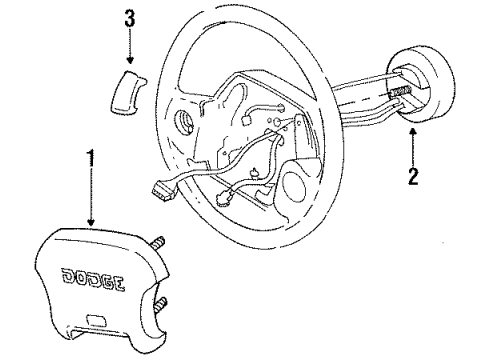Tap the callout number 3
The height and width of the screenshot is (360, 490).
tap(128, 19)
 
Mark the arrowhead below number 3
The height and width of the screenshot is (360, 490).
tap(128, 61)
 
